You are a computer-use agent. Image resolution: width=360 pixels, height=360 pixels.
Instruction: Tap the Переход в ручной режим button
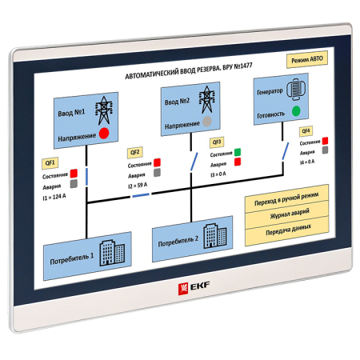pos(286,197)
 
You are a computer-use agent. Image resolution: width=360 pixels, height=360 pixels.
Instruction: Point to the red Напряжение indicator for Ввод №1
pos(104,133)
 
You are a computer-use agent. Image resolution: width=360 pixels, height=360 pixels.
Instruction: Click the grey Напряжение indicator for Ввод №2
pos(207,121)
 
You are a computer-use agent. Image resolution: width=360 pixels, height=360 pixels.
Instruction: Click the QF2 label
pos(134,152)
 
